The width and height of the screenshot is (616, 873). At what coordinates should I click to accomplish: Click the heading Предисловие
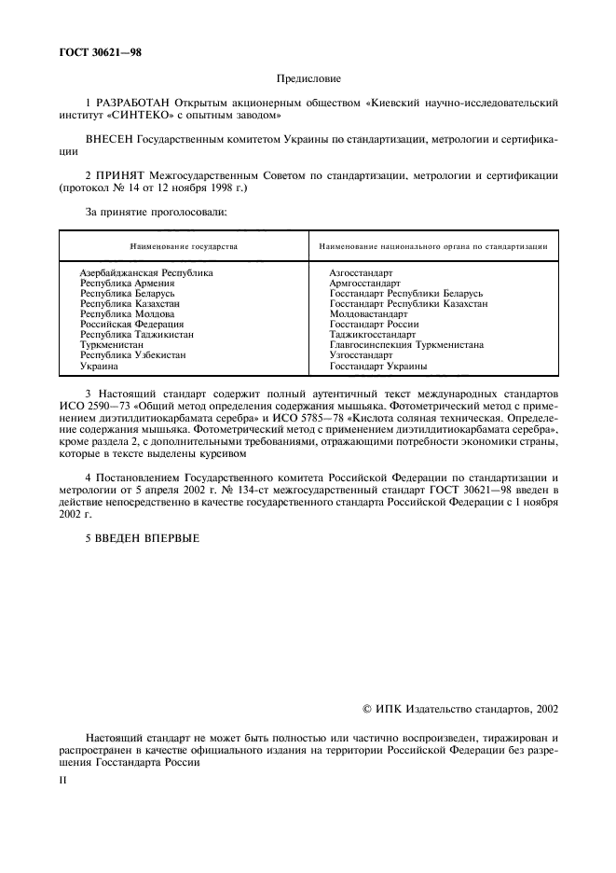(308, 79)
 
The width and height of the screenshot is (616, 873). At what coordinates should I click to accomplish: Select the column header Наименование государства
(185, 246)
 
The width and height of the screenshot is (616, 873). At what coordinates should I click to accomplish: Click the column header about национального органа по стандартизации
(432, 246)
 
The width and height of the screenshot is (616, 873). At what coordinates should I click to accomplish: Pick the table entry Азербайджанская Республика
(146, 272)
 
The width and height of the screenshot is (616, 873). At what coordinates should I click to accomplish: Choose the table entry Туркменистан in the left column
(109, 344)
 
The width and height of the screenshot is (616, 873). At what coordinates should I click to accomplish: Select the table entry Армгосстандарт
(364, 283)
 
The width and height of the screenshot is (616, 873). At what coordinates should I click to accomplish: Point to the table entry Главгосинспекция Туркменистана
(406, 344)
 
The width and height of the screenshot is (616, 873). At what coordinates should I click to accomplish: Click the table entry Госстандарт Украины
(378, 366)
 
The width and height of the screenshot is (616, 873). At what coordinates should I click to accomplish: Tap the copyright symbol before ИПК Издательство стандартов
(367, 710)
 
